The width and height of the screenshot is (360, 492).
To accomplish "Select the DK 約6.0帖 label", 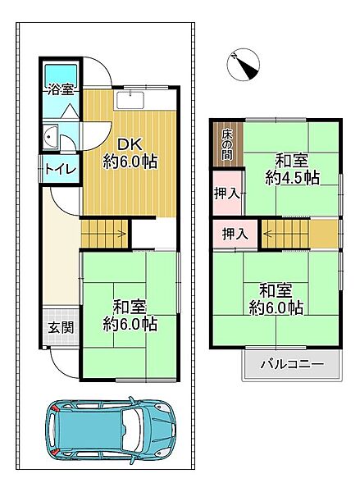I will [x=129, y=153].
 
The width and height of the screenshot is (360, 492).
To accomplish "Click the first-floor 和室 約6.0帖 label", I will [x=130, y=315].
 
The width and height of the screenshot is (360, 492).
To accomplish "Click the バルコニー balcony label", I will [x=292, y=364].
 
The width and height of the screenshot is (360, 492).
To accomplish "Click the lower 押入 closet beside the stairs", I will [x=236, y=234].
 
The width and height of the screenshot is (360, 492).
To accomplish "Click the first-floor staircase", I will [x=105, y=234].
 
